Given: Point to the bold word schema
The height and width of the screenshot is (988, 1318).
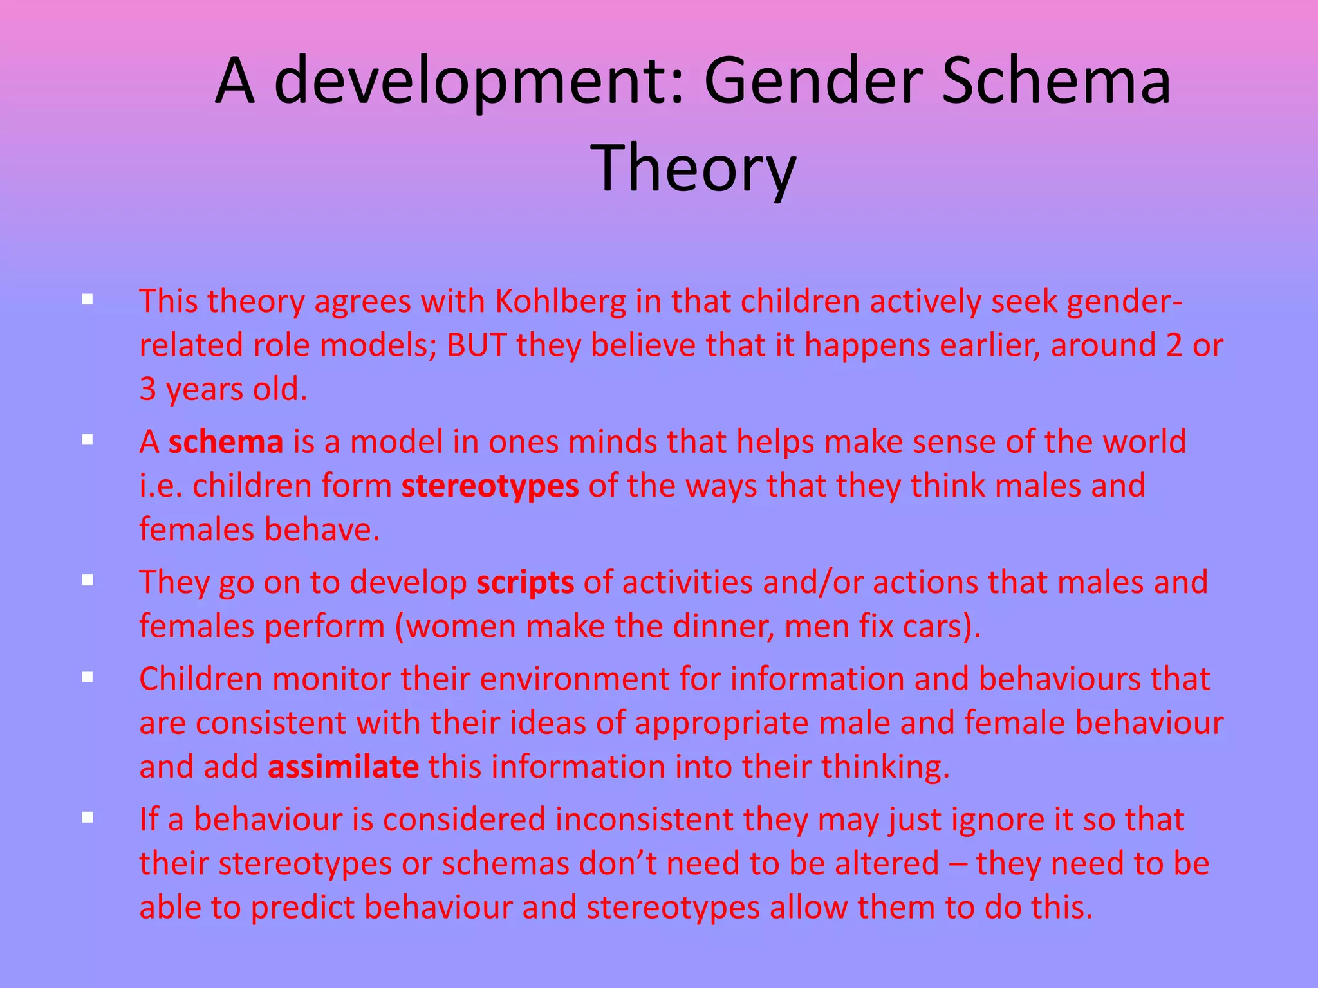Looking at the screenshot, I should point(226,442).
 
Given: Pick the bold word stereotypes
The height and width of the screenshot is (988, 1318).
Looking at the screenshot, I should point(490,486).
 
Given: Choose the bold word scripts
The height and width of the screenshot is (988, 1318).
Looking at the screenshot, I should point(525,583).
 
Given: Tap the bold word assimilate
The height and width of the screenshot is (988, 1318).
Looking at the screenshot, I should point(344,767).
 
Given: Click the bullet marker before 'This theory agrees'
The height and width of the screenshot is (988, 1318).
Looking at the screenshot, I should point(88,299).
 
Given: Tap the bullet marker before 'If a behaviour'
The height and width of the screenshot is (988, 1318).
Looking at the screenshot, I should point(88,818).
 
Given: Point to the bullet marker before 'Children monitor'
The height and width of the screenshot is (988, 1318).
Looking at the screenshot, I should point(88,677).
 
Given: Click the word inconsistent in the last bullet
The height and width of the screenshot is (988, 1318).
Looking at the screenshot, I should point(644,819).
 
